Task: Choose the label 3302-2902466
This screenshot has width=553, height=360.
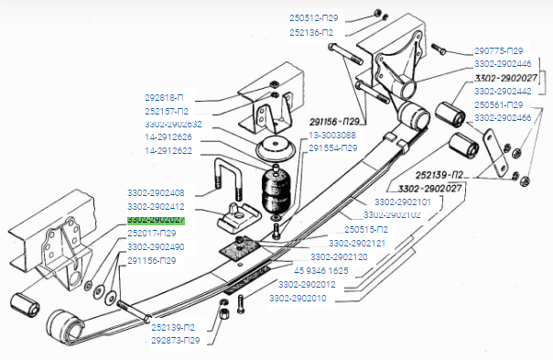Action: point(502,118)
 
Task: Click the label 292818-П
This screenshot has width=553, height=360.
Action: point(165,96)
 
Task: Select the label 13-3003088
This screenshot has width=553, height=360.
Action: point(332,136)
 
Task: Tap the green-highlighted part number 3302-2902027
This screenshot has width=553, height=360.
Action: point(156,220)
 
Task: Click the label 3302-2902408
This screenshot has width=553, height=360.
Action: point(156,193)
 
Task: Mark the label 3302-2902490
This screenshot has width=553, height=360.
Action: point(156,247)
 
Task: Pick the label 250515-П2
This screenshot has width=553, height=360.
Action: point(366,229)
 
